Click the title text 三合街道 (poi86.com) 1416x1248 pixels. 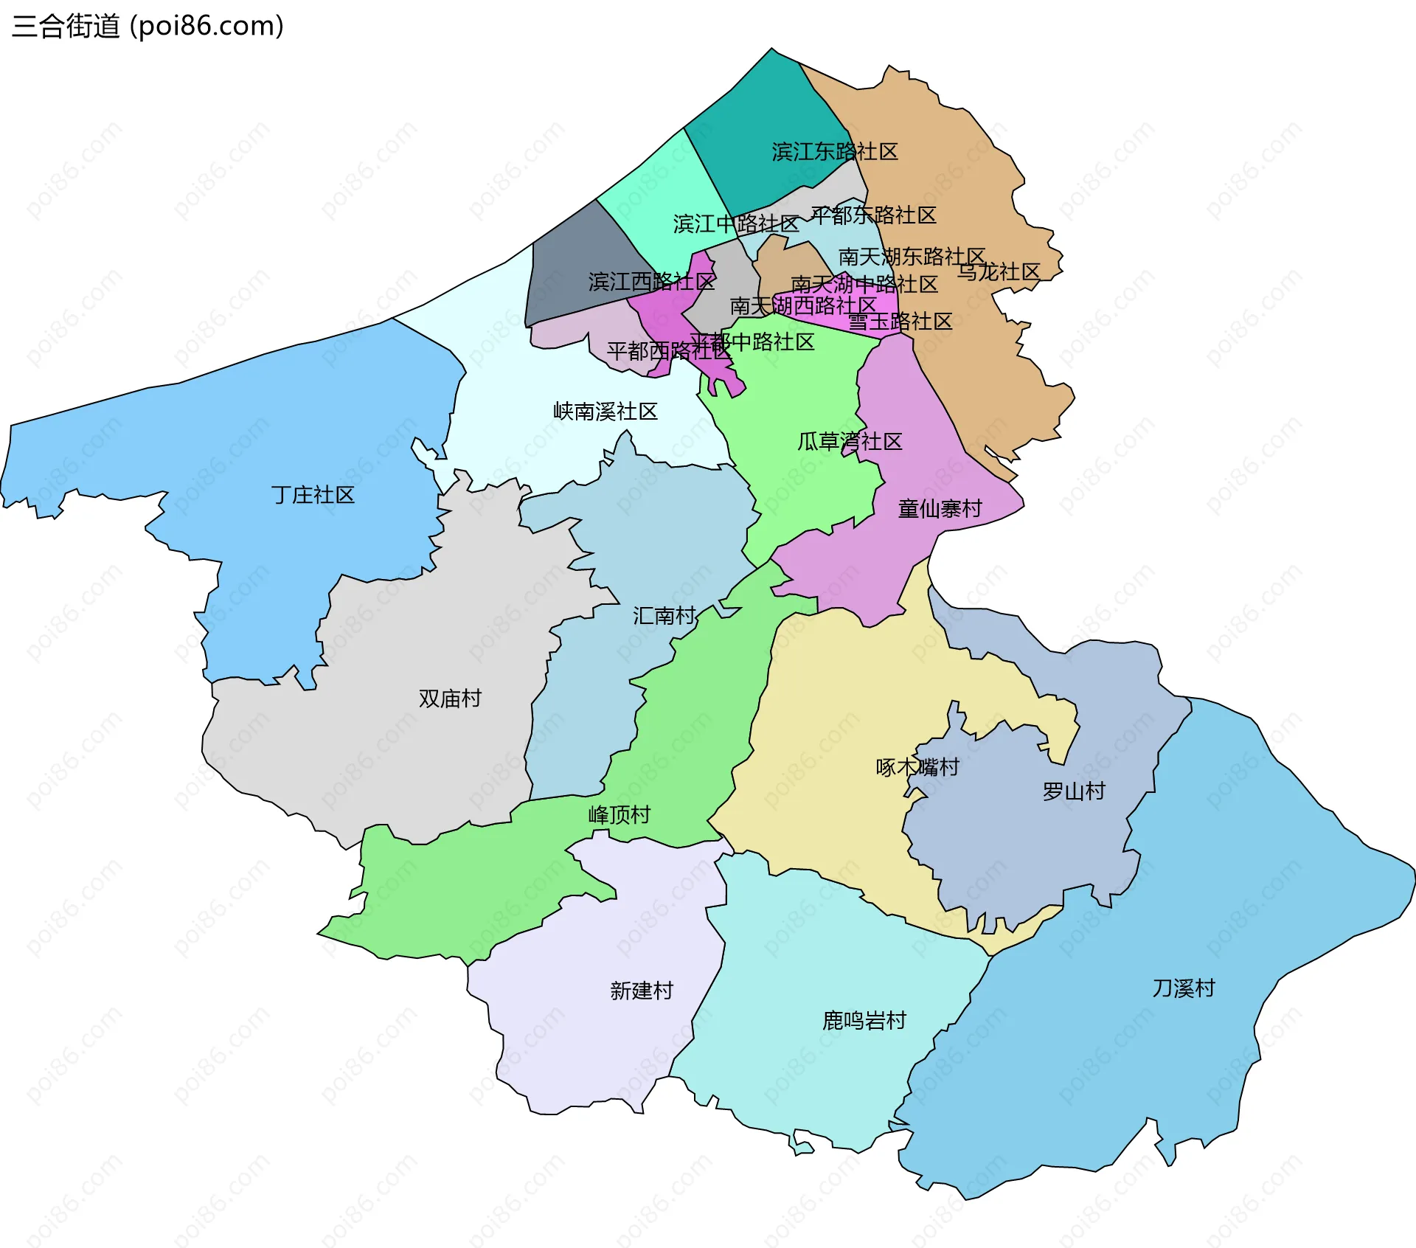(147, 27)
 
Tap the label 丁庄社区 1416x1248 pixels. (313, 495)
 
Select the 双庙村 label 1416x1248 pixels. (450, 698)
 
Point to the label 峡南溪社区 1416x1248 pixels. (605, 412)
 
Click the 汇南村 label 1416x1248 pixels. (664, 616)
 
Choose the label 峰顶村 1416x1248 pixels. (619, 815)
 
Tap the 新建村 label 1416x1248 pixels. (642, 991)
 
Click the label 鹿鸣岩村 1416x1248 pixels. (864, 1021)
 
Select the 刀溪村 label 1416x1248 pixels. (1184, 988)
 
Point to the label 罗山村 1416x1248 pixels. (1074, 791)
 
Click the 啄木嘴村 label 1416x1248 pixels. (917, 767)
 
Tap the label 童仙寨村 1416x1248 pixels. (940, 509)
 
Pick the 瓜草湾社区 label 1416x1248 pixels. (850, 442)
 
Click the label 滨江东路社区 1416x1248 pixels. (835, 152)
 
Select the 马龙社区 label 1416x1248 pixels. (999, 272)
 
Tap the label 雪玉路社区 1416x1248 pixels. (900, 322)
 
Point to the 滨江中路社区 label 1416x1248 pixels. (736, 223)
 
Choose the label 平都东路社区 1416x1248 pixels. (874, 215)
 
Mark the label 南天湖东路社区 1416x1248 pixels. (912, 257)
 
